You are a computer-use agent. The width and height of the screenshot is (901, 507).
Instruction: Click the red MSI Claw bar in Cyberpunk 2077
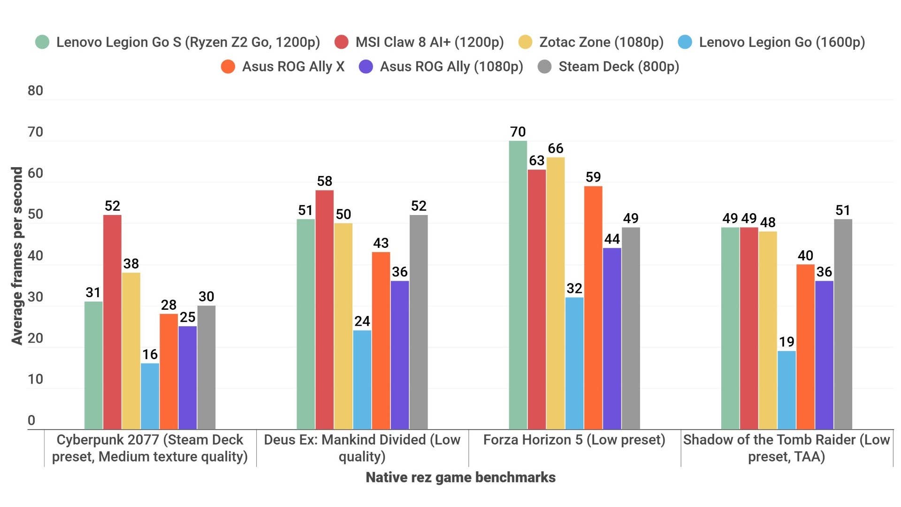coord(112,322)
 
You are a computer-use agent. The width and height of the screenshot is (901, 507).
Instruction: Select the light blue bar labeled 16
coord(150,396)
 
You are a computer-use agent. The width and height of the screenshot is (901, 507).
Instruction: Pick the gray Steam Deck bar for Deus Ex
coord(419,322)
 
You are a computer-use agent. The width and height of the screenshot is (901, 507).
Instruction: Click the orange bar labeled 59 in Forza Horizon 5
coord(593,307)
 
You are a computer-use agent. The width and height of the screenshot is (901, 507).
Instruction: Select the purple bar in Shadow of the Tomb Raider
coord(824,355)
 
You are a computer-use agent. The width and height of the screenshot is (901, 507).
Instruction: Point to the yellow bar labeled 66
coord(556,293)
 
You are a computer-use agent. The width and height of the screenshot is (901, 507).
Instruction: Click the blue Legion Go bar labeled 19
coord(786,390)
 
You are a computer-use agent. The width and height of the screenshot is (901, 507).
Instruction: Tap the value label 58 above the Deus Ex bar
coord(324,181)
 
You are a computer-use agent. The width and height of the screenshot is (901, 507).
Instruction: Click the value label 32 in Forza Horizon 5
coord(574,288)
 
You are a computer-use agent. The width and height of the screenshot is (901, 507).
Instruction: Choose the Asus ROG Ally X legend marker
coord(228,67)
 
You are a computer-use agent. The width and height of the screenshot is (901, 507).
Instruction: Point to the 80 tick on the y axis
coord(35,91)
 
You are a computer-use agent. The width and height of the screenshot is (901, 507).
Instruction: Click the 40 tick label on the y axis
coord(35,255)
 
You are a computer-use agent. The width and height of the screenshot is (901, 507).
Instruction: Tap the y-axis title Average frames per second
coord(17,256)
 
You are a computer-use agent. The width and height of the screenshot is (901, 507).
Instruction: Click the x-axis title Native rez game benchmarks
coord(460,477)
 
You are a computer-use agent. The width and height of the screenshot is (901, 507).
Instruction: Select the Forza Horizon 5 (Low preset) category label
coord(574,440)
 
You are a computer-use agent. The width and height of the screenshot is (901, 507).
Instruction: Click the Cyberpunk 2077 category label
coord(150,448)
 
